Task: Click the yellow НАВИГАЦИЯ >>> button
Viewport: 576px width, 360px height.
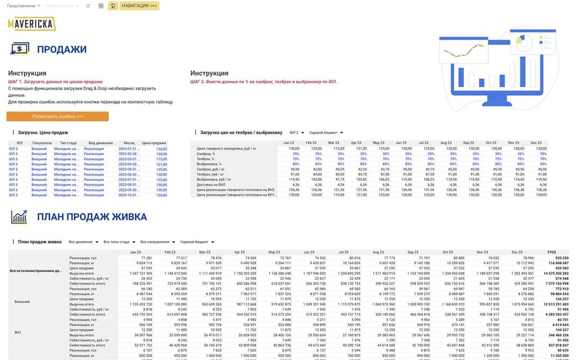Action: (139, 6)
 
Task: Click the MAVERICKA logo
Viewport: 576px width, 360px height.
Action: (32, 23)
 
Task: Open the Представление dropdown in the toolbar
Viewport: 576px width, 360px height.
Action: (24, 6)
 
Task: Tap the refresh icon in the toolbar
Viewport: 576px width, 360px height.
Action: (88, 6)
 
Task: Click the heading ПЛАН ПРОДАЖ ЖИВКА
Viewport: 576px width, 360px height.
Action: (92, 217)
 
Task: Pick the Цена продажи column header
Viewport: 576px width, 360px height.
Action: (154, 143)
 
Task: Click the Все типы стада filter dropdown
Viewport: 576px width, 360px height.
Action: (119, 242)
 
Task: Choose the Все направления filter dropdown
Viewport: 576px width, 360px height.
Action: (158, 242)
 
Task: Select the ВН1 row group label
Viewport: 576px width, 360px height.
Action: (18, 333)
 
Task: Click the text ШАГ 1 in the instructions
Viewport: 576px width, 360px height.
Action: (17, 82)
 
